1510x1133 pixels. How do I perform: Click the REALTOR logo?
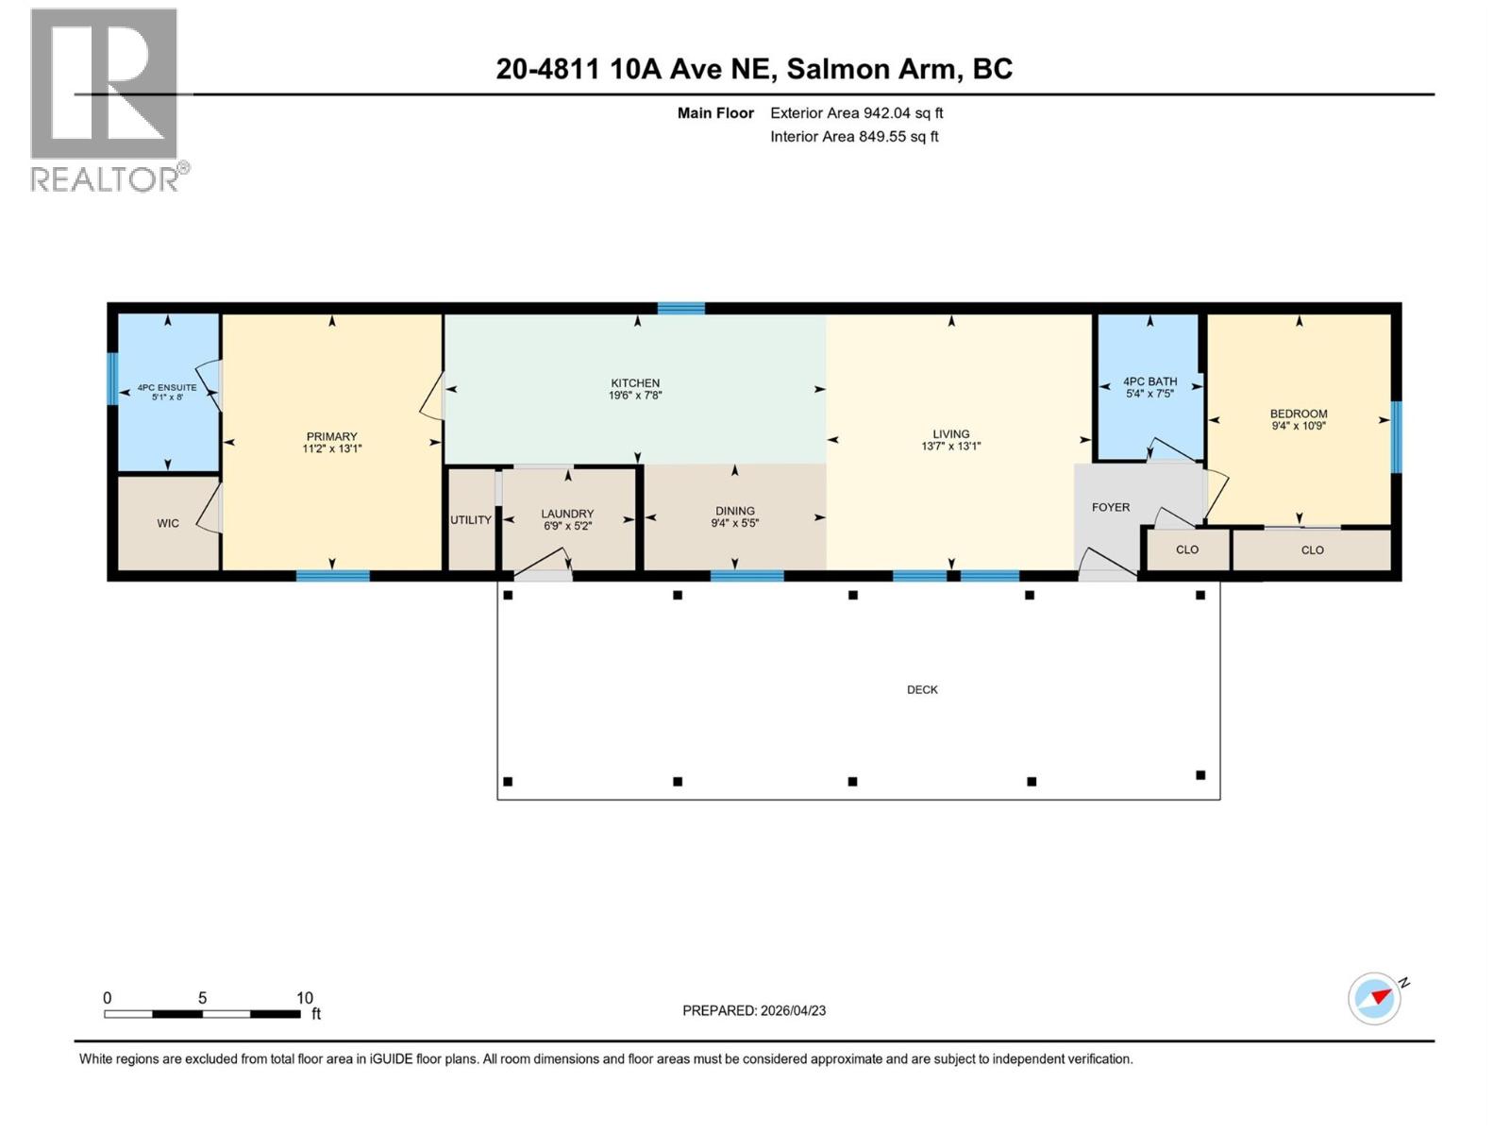point(105,99)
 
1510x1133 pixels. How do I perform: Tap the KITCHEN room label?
point(635,383)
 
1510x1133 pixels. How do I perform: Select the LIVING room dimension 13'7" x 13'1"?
point(950,446)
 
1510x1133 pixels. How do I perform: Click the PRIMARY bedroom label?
point(331,436)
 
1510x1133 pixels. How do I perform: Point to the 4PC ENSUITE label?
point(167,387)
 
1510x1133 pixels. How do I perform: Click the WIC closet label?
point(168,523)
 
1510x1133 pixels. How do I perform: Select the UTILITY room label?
point(470,520)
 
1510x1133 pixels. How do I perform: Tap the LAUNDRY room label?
point(567,514)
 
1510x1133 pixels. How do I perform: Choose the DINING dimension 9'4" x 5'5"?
point(734,523)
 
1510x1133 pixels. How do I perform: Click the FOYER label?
point(1110,507)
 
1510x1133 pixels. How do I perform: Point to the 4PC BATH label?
point(1149,381)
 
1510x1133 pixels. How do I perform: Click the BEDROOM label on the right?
point(1298,414)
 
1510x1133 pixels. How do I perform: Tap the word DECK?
point(922,690)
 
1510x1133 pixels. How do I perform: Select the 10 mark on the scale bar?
point(304,998)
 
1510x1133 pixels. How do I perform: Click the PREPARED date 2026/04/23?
point(793,1010)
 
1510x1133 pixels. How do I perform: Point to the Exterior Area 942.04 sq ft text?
point(856,113)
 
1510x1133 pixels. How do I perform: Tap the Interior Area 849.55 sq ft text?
point(854,137)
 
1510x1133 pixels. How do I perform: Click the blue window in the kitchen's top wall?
point(681,308)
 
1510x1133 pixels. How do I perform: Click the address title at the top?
point(754,69)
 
